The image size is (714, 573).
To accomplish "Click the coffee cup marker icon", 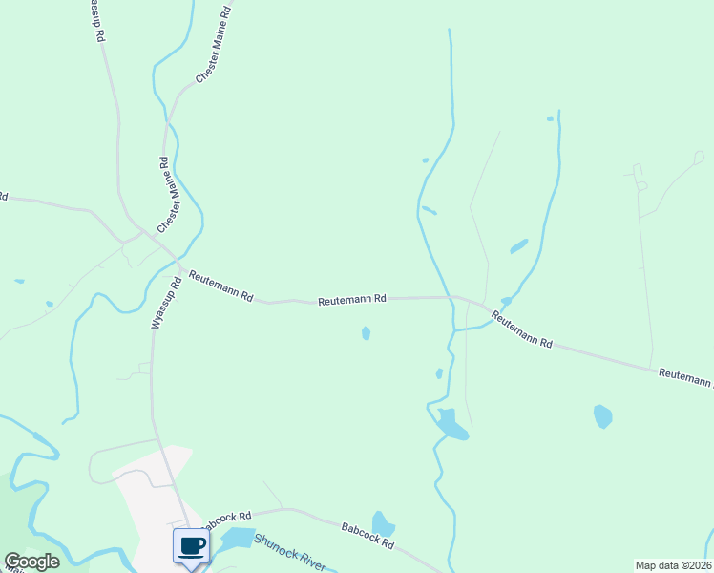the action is (x=191, y=545).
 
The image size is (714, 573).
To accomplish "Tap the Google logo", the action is (x=31, y=562).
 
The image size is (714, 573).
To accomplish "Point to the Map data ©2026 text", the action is (x=672, y=565).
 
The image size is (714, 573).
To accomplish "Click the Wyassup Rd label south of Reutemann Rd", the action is (x=166, y=304).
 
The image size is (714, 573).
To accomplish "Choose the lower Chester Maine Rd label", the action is (x=167, y=195).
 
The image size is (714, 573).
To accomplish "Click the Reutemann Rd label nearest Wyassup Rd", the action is (x=220, y=286).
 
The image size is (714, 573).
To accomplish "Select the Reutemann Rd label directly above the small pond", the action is (x=351, y=299).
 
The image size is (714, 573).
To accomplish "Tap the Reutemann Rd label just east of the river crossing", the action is (x=522, y=328).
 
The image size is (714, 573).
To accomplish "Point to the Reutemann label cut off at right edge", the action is (x=684, y=376).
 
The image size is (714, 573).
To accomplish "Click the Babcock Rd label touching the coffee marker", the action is (x=227, y=519).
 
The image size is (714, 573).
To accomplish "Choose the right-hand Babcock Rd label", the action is (x=367, y=535).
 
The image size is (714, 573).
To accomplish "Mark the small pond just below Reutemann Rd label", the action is (x=367, y=333).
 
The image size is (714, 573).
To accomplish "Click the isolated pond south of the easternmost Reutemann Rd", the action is (x=602, y=416).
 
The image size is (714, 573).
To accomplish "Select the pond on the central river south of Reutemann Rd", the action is (x=451, y=424).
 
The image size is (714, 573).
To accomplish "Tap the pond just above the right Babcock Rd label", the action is (x=383, y=524).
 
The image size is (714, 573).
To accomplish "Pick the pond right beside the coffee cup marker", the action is (x=238, y=538).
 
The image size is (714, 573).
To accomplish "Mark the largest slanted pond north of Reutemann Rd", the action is (x=518, y=246).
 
